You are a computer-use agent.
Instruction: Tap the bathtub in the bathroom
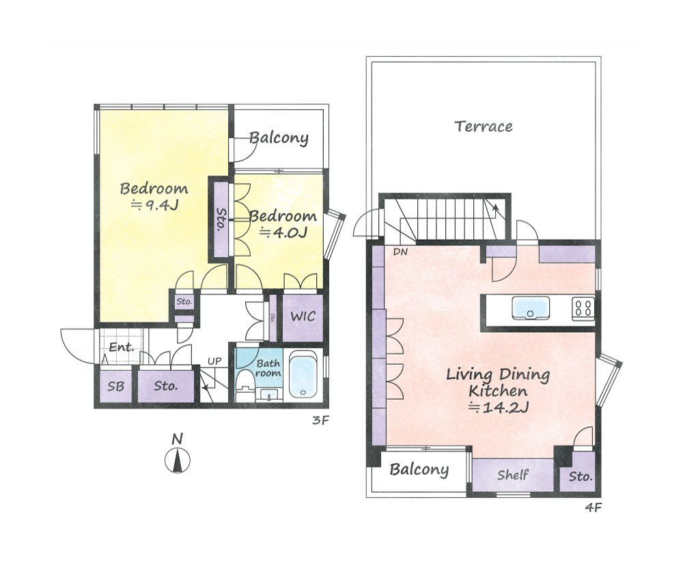tap(303, 374)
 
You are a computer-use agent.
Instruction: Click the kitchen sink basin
tap(531, 307)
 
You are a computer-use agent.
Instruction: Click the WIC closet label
tap(303, 316)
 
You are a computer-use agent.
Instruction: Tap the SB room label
tap(116, 386)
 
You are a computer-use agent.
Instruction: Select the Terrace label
tap(484, 126)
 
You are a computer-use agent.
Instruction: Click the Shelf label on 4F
tap(513, 475)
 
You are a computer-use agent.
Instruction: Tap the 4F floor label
tap(593, 508)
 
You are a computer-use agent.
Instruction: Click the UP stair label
tap(214, 361)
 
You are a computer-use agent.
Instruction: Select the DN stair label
tap(400, 251)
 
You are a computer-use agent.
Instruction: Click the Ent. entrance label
tap(121, 347)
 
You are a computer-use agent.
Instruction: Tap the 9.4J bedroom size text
tap(155, 205)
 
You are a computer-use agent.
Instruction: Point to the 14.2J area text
tap(499, 408)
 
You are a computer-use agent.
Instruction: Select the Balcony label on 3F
tap(279, 138)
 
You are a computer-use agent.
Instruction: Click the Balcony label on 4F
tap(419, 470)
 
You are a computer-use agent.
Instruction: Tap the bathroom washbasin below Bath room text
tap(268, 395)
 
